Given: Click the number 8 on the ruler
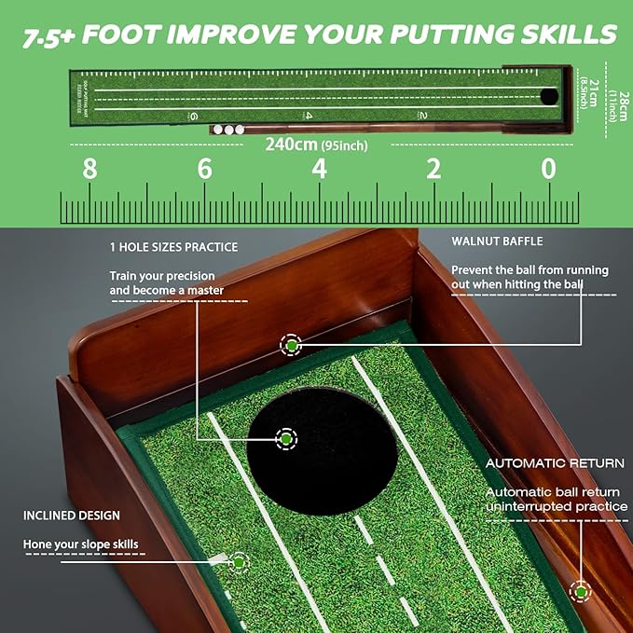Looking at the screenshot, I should pyautogui.click(x=89, y=170).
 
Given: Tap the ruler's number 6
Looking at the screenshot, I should pyautogui.click(x=204, y=170).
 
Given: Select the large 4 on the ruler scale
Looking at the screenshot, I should pyautogui.click(x=320, y=170).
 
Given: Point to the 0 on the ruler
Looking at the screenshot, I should pyautogui.click(x=548, y=170).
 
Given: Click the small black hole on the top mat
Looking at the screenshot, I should pyautogui.click(x=549, y=95).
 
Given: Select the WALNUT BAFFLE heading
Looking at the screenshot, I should pyautogui.click(x=497, y=241).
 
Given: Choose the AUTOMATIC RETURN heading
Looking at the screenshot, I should pyautogui.click(x=555, y=462).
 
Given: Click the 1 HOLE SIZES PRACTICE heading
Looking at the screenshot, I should pyautogui.click(x=173, y=247).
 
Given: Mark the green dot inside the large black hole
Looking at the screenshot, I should pyautogui.click(x=285, y=438).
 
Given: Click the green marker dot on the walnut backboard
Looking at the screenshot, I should pyautogui.click(x=292, y=345).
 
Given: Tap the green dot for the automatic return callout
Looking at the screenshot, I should pyautogui.click(x=582, y=589).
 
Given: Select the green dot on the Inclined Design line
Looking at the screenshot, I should pyautogui.click(x=239, y=562).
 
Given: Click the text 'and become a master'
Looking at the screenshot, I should pyautogui.click(x=164, y=291).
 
